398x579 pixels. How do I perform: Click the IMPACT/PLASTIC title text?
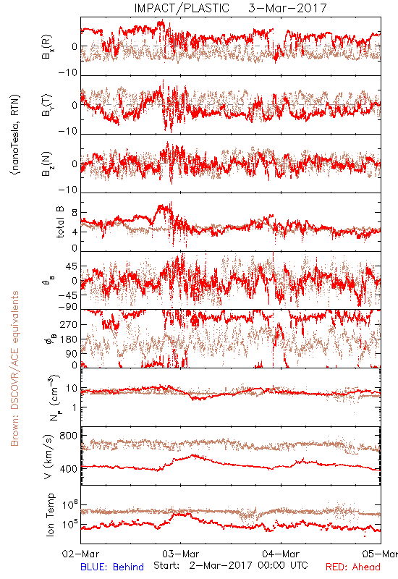point(182,8)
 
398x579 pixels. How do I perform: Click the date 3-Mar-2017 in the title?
point(287,8)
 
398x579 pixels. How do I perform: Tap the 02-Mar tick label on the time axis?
point(81,554)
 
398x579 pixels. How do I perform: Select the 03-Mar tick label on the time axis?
point(181,554)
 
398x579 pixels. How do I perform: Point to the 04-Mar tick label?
point(281,554)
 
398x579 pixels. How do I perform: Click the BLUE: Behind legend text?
point(112,567)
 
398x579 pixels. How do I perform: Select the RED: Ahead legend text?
point(353,567)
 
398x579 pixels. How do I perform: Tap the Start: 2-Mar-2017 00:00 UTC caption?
point(231,565)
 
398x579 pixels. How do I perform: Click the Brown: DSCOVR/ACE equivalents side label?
point(14,368)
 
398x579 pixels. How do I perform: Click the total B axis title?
point(60,222)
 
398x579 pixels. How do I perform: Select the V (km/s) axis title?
point(48,457)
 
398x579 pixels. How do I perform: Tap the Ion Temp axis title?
point(50,515)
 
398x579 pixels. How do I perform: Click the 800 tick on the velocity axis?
point(68,436)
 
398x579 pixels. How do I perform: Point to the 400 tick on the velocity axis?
point(68,469)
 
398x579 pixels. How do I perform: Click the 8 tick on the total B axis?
point(75,212)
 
